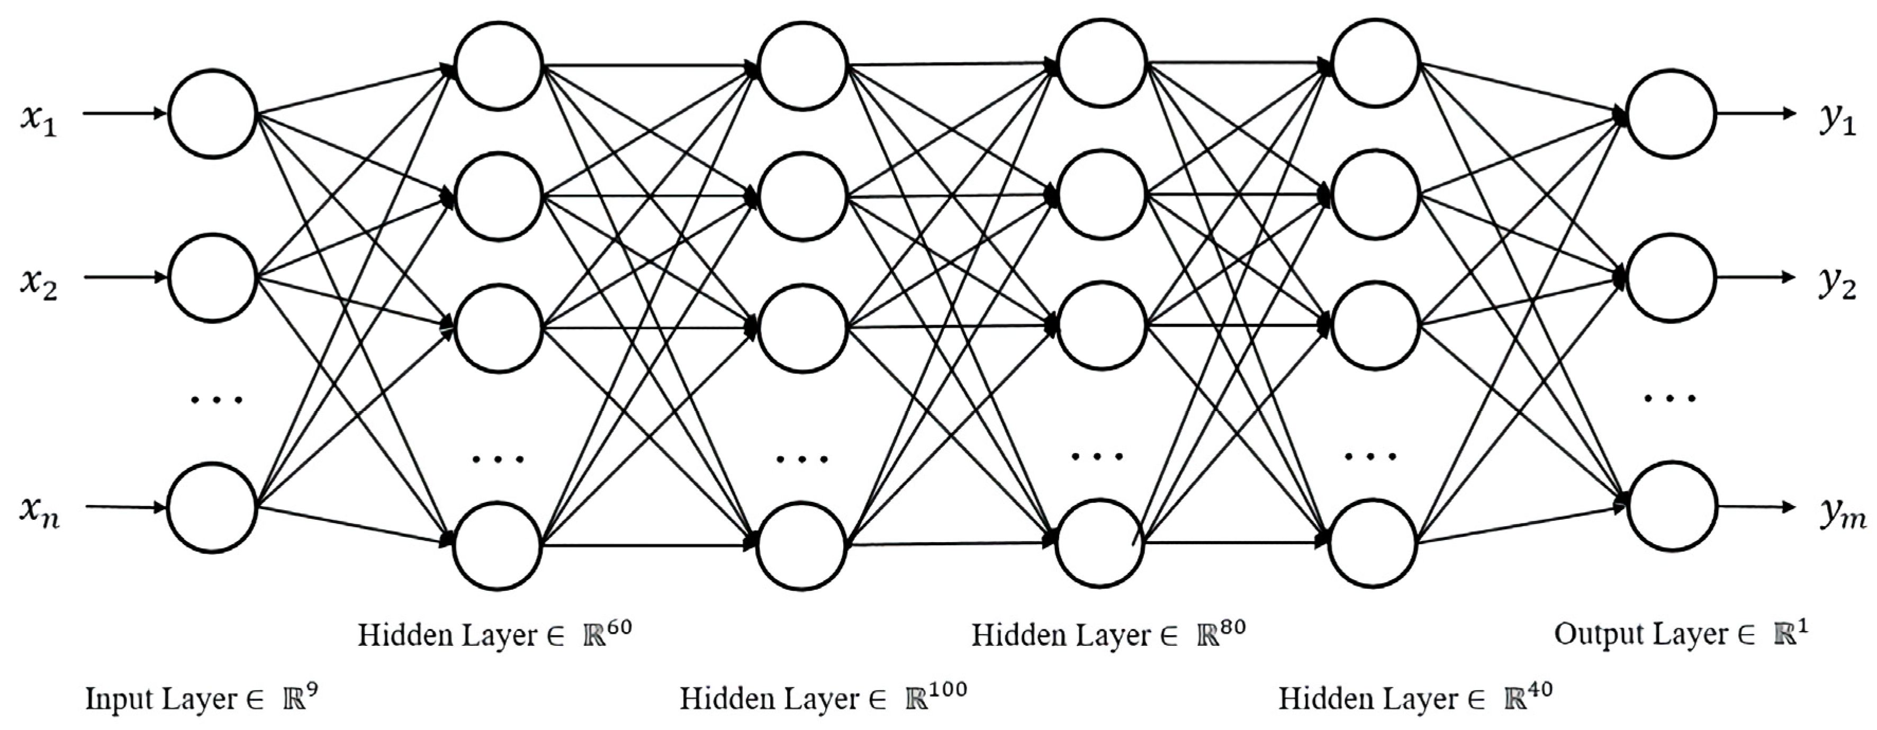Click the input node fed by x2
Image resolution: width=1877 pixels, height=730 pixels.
click(212, 277)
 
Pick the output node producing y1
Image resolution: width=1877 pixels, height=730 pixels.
click(1670, 114)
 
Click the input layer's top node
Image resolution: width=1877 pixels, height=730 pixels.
click(212, 114)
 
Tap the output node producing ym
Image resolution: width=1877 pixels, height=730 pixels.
click(1670, 506)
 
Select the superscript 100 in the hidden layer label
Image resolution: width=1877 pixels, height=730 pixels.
click(947, 689)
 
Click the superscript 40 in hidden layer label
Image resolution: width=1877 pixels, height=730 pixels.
click(1538, 689)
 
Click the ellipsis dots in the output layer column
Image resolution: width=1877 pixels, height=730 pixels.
click(1670, 398)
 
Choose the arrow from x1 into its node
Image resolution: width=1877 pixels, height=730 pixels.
click(124, 114)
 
